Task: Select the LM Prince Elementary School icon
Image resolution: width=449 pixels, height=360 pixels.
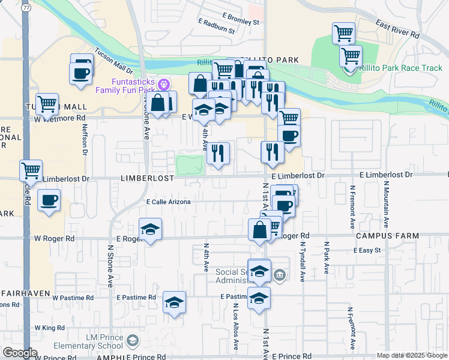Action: click(x=132, y=341)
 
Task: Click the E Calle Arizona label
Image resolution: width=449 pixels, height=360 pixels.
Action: click(x=169, y=202)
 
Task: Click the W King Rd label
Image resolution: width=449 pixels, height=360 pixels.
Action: click(x=49, y=328)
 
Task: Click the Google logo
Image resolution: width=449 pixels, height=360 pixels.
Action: click(x=20, y=353)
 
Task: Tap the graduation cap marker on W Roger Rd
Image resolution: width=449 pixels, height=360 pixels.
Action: click(x=150, y=229)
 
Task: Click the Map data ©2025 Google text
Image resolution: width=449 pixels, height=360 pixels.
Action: click(x=412, y=355)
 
